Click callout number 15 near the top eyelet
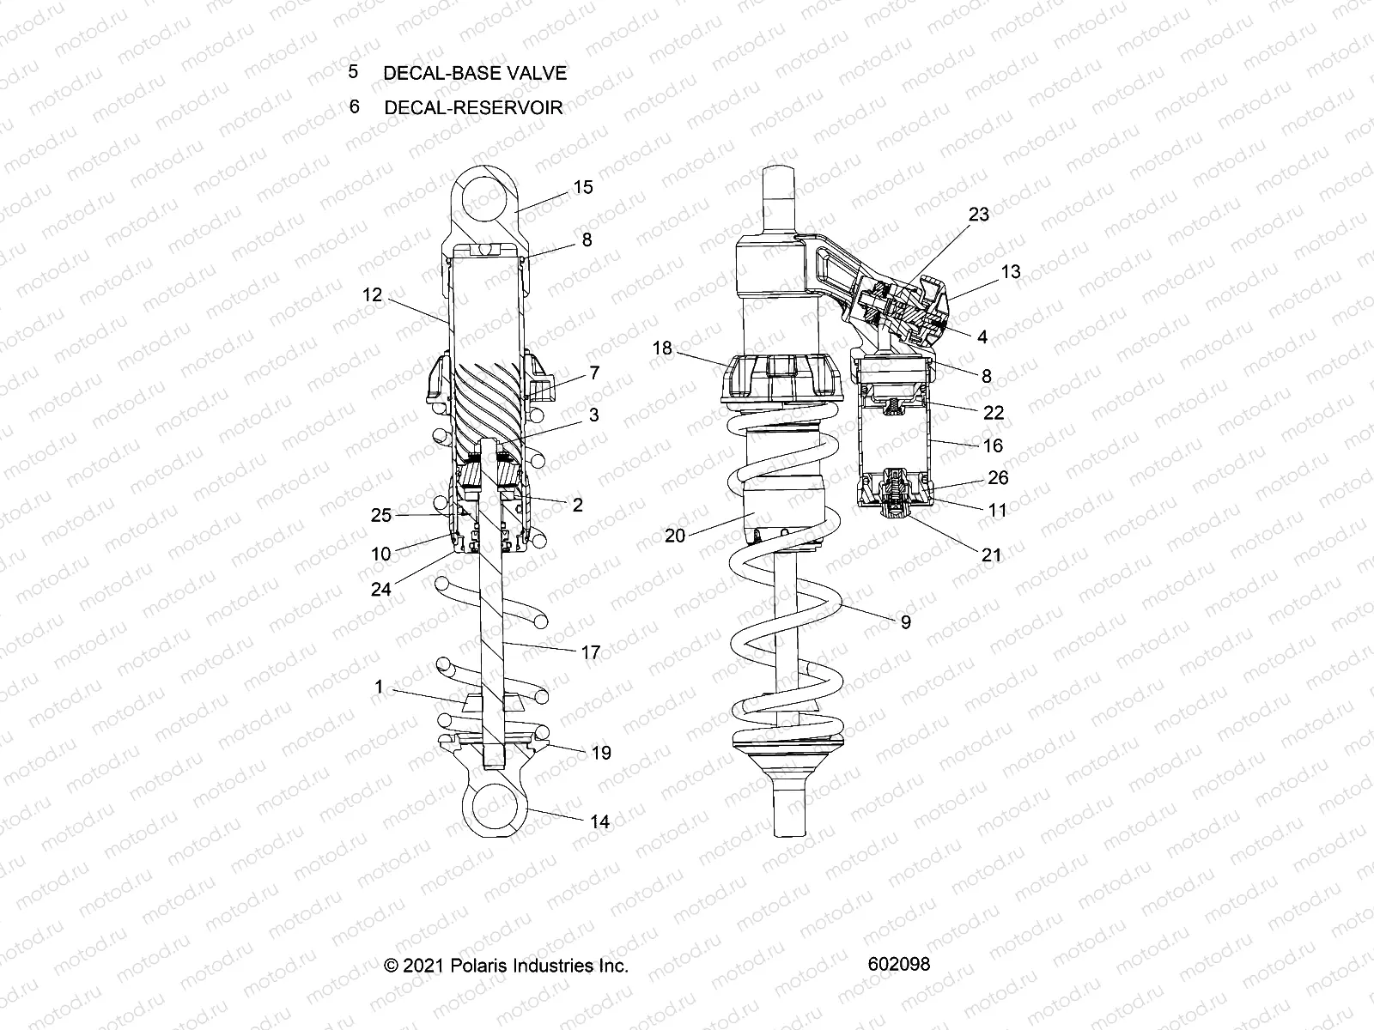(583, 187)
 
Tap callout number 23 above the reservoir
(979, 215)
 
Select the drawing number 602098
(899, 964)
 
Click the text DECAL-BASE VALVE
(475, 74)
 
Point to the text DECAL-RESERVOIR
(473, 108)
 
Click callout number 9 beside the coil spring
(906, 622)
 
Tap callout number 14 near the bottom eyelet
(599, 821)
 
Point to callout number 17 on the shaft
(590, 653)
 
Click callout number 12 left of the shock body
(372, 295)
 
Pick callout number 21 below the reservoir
(992, 554)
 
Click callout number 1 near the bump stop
(379, 687)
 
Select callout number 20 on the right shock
(676, 536)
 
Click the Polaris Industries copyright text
(507, 966)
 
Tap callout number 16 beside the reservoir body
(993, 445)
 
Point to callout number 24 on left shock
(380, 589)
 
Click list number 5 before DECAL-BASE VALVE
(353, 72)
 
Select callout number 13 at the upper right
(1011, 272)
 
